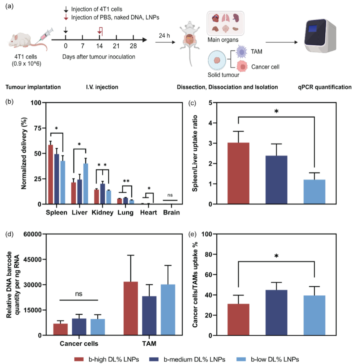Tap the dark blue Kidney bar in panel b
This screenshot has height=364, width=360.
pyautogui.click(x=103, y=193)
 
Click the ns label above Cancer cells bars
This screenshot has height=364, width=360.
pyautogui.click(x=79, y=294)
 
